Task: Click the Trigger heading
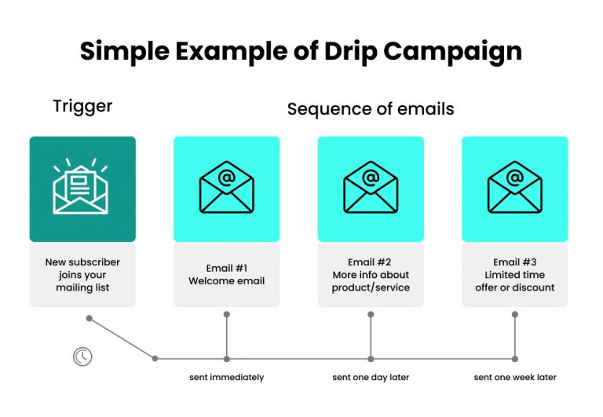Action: point(82,106)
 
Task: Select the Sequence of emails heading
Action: point(371,108)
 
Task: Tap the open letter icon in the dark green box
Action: point(82,187)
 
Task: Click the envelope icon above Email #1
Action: point(226,188)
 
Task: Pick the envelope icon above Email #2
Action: point(371,188)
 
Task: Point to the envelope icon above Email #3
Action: point(514,188)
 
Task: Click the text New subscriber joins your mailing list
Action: point(82,275)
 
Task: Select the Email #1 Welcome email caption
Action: point(226,275)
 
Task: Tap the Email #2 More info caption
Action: point(371,275)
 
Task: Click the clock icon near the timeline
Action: point(82,357)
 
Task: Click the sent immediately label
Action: point(226,378)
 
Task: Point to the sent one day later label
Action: point(371,378)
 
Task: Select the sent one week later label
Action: point(514,378)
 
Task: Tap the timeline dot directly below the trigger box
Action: point(90,318)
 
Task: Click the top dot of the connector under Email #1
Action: point(226,314)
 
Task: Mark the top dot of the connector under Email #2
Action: point(371,314)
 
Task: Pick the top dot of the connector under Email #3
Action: point(515,314)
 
